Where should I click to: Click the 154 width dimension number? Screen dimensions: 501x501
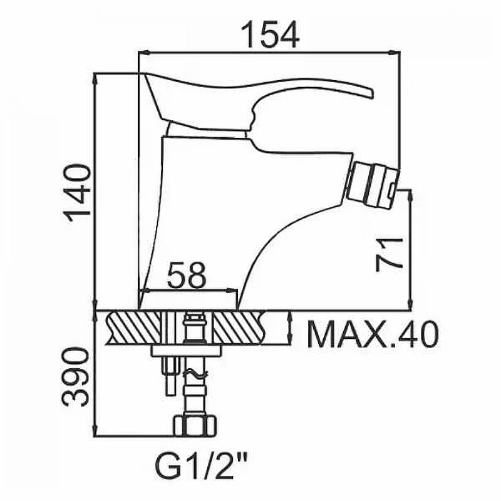pyautogui.click(x=270, y=34)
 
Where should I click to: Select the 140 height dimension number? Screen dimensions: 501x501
pyautogui.click(x=78, y=193)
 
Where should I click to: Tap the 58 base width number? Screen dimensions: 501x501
pyautogui.click(x=186, y=275)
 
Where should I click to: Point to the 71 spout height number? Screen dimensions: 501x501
pyautogui.click(x=389, y=255)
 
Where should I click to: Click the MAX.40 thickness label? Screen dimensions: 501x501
pyautogui.click(x=373, y=334)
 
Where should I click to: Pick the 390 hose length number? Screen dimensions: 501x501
pyautogui.click(x=75, y=377)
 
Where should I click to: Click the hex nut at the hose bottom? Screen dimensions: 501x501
pyautogui.click(x=195, y=426)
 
